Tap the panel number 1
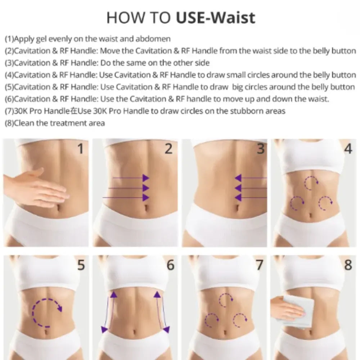[81, 149]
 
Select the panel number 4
[348, 149]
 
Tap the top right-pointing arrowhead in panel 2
[146, 178]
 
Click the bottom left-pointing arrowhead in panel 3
[238, 197]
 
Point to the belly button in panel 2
[146, 207]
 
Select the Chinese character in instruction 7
[74, 111]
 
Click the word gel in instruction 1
[41, 39]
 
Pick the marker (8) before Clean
[9, 123]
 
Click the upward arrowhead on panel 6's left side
[114, 294]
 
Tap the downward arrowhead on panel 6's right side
[166, 329]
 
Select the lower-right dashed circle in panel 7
[240, 320]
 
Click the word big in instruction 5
[238, 87]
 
